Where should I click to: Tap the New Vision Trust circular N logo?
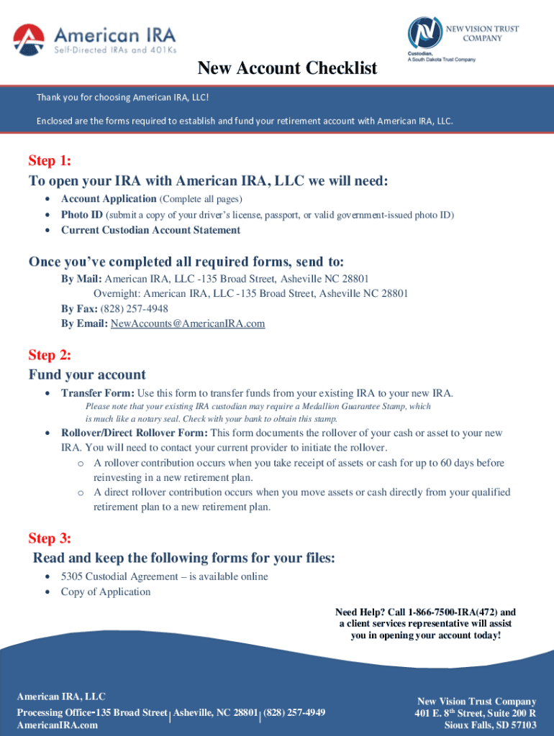(425, 32)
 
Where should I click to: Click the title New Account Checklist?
(287, 68)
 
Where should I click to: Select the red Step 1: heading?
(50, 160)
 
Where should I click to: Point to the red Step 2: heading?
(50, 354)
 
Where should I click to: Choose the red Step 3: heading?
(50, 538)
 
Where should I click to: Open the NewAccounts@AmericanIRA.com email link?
(187, 323)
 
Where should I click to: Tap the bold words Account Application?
(109, 198)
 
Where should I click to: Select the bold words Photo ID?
(82, 214)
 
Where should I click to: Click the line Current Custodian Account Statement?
(150, 230)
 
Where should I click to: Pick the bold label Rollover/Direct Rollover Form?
(135, 433)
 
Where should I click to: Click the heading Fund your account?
(87, 374)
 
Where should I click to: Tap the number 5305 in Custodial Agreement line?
(73, 576)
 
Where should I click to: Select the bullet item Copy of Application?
(106, 592)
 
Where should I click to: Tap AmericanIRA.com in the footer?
(58, 725)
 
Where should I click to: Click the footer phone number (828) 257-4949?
(294, 712)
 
